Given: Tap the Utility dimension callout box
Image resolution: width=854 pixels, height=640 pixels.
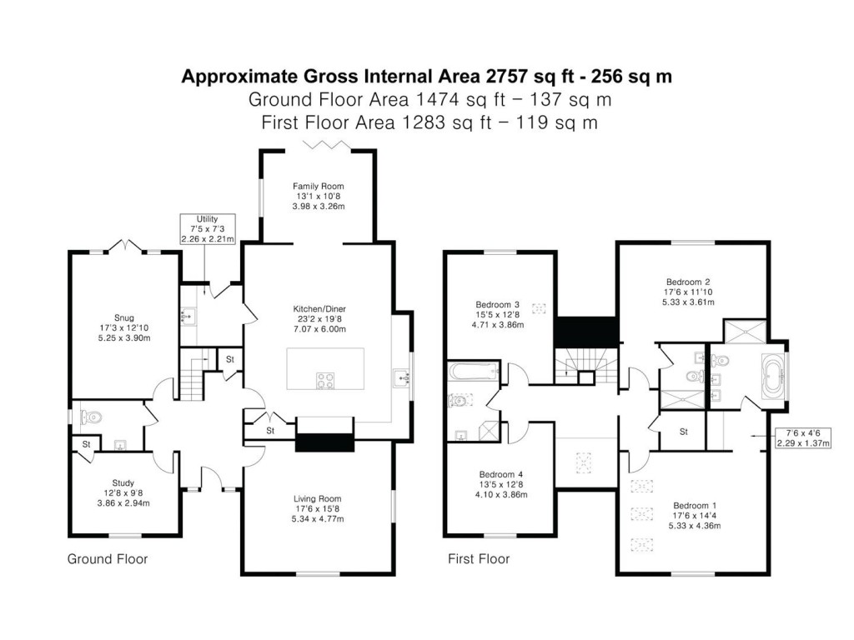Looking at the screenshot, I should point(208,228).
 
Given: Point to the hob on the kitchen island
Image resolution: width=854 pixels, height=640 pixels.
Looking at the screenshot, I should point(325,380).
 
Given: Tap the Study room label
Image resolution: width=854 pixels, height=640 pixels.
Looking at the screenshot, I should point(123,482).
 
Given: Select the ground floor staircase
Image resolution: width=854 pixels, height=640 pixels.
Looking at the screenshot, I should point(194,375).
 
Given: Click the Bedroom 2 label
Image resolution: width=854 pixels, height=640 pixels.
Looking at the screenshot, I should point(688,282).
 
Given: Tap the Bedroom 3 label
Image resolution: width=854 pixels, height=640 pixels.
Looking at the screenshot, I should point(498,304).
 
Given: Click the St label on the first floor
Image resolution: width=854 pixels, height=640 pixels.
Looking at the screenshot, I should point(683,432).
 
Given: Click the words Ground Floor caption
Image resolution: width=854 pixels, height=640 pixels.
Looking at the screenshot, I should point(107,559).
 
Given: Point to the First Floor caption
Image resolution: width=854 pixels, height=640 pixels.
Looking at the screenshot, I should point(479,559).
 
